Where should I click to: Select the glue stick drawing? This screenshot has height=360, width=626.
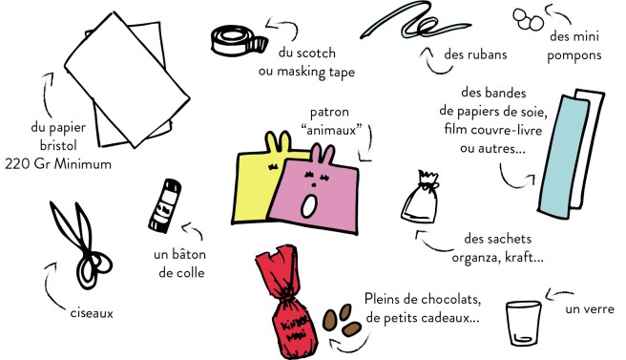pyautogui.click(x=158, y=203)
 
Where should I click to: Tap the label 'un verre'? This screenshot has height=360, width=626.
pyautogui.click(x=589, y=308)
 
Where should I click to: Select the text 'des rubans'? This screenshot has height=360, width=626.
pyautogui.click(x=474, y=54)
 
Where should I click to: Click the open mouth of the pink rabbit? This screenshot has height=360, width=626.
pyautogui.click(x=309, y=203)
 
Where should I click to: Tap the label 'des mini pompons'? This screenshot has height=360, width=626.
pyautogui.click(x=574, y=46)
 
